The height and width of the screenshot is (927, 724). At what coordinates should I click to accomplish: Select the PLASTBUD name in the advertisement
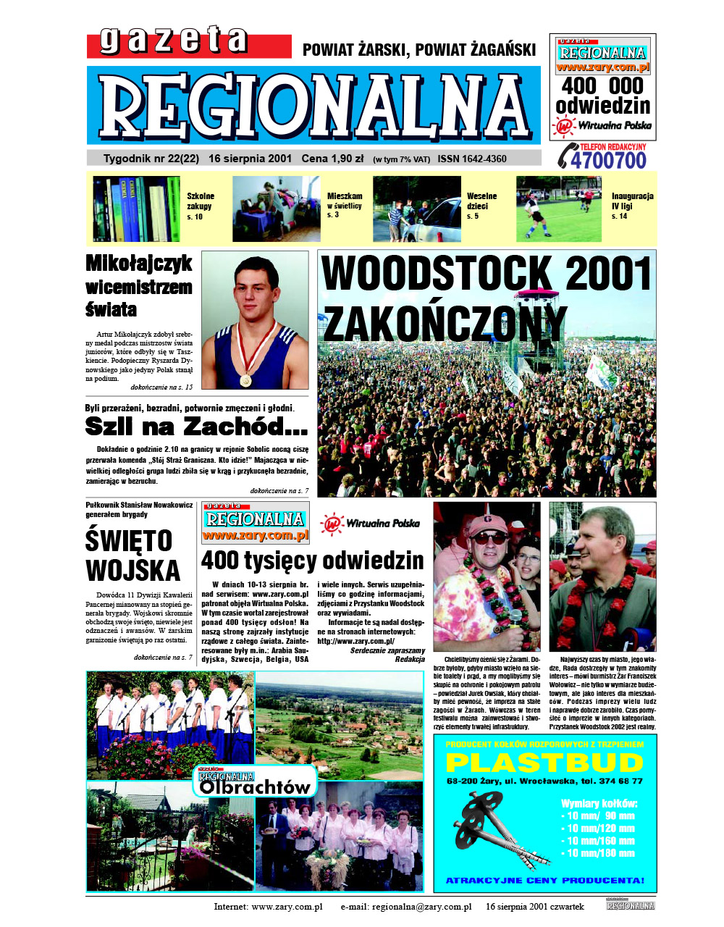click(544, 762)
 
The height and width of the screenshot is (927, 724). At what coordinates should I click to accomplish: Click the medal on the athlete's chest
click(246, 379)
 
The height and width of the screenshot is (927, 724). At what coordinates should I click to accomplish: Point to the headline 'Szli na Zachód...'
click(196, 427)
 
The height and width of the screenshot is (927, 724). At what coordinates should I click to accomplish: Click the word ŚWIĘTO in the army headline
click(129, 541)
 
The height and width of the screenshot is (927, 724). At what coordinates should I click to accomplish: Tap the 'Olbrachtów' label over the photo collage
click(255, 786)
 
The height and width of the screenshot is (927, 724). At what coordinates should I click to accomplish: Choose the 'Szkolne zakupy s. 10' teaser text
click(200, 206)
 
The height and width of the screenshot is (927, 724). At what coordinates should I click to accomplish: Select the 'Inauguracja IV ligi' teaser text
click(632, 206)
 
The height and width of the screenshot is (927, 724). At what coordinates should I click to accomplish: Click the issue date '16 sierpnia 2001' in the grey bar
click(250, 159)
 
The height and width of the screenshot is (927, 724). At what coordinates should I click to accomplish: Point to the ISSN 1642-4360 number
click(472, 159)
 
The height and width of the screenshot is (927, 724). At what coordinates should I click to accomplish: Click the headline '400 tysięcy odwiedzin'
click(312, 561)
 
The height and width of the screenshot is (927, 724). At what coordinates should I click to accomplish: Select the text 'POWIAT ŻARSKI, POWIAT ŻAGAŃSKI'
click(419, 50)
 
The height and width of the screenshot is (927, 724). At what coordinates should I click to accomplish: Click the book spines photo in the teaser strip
click(136, 209)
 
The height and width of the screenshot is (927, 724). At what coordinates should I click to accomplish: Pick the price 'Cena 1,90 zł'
click(332, 159)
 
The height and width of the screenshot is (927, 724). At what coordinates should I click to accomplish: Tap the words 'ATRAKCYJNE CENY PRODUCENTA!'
click(544, 881)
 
